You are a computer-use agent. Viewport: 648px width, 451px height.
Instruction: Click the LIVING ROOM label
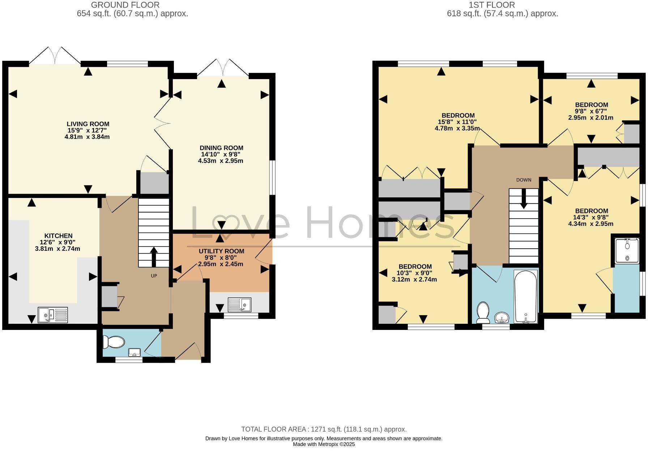(x=88, y=124)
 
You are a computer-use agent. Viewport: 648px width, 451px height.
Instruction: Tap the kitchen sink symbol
(x=53, y=314)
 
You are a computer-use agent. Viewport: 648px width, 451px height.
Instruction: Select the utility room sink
(x=239, y=305)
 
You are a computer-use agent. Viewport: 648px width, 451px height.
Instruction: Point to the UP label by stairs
(x=154, y=276)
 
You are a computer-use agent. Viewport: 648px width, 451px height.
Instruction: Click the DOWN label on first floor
(x=524, y=180)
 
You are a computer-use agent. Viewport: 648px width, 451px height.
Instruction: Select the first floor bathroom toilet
(x=483, y=313)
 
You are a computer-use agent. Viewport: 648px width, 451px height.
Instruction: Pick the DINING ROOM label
(x=221, y=148)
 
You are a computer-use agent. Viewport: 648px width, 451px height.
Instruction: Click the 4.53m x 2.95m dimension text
(x=221, y=161)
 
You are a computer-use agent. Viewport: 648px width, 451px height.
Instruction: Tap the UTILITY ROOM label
(x=221, y=251)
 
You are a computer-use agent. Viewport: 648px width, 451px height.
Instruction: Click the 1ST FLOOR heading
(x=492, y=5)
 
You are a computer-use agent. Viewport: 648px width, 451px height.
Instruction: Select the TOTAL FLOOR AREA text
(x=324, y=429)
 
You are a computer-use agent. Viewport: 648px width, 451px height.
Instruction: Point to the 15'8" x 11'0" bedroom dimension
(x=457, y=122)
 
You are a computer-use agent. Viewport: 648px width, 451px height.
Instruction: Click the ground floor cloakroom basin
(x=135, y=352)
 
